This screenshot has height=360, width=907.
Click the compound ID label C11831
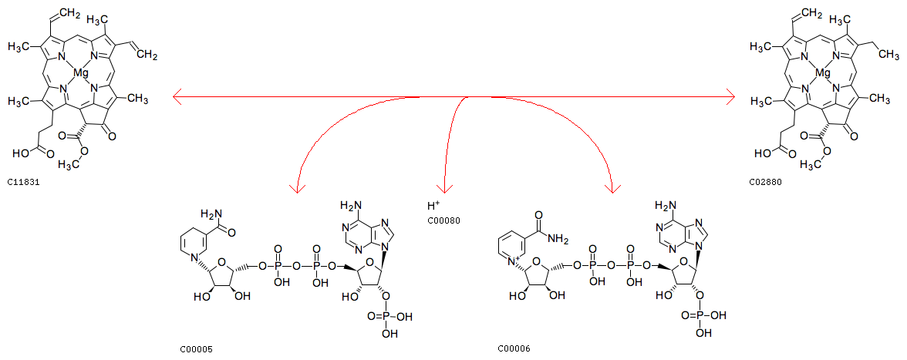(x=22, y=181)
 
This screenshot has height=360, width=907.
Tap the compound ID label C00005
(x=196, y=349)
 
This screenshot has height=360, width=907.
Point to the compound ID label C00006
(x=514, y=349)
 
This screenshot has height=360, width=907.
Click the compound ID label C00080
(x=443, y=220)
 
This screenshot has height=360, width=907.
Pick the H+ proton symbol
(x=433, y=206)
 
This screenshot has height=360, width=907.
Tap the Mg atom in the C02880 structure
(x=821, y=73)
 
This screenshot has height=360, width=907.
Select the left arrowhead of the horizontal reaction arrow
(x=177, y=97)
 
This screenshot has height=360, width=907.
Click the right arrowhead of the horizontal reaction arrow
(x=729, y=97)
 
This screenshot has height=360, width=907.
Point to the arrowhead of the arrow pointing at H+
(x=444, y=188)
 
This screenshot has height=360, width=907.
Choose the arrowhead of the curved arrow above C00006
(x=612, y=187)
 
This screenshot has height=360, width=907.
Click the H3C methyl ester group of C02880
(x=811, y=165)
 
